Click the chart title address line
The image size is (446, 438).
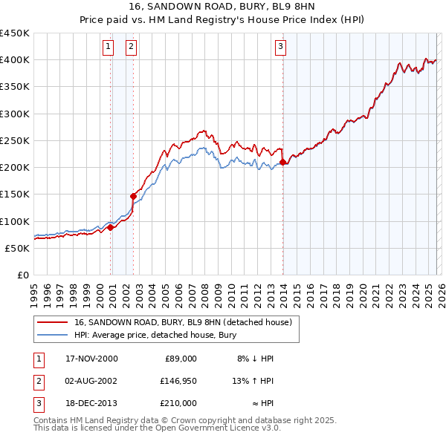(x=222, y=8)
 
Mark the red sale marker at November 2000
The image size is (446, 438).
(x=111, y=227)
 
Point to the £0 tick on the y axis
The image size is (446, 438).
(x=22, y=275)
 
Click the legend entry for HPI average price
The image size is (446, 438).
(x=155, y=335)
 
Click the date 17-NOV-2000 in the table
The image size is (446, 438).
(x=91, y=359)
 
